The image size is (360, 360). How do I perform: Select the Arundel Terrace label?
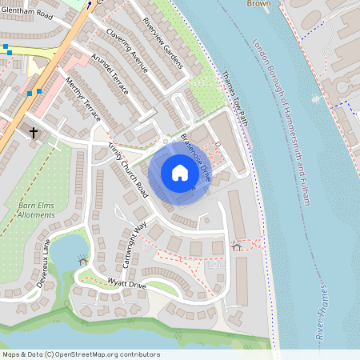tap(110, 75)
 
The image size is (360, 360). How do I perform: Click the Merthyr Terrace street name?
tap(84, 100)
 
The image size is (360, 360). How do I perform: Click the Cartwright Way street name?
tap(131, 238)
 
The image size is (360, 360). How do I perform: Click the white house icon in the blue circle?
tap(180, 173)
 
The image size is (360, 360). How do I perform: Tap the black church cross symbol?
tap(34, 131)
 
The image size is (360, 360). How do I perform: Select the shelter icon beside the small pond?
tap(82, 260)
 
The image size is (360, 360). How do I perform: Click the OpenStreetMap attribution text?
tap(80, 354)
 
